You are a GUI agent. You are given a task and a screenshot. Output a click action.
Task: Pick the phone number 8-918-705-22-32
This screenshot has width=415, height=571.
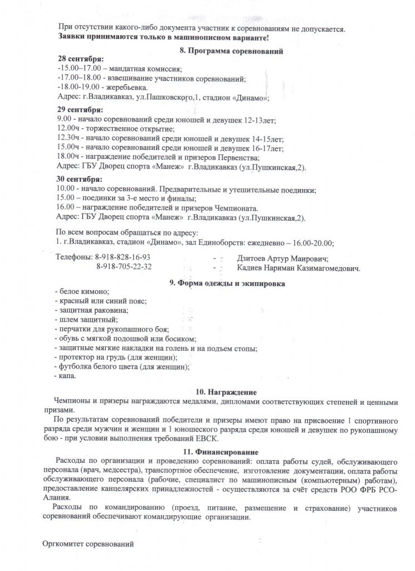(124, 267)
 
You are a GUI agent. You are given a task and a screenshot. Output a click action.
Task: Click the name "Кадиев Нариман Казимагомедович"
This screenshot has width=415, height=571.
(298, 267)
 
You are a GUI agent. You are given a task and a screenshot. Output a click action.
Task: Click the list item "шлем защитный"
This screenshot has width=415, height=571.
(86, 319)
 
